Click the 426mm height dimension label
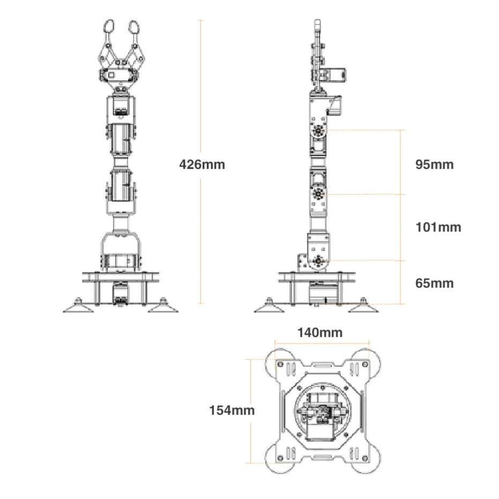[202, 165]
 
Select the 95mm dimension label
[434, 164]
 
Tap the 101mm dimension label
[438, 227]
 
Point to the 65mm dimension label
[434, 282]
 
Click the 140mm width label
[319, 333]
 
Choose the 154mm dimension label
[232, 411]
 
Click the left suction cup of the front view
[77, 306]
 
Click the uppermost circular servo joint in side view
[319, 130]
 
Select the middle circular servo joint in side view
[319, 194]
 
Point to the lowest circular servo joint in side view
[319, 260]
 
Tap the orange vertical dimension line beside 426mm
[201, 241]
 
